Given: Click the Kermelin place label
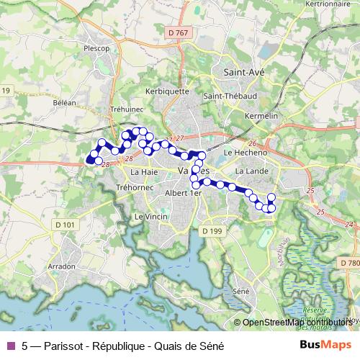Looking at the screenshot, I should tap(261, 116).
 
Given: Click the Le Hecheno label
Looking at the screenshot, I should tap(246, 153).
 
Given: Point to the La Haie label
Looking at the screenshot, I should tap(143, 173).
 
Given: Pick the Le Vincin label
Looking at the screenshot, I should tap(150, 217).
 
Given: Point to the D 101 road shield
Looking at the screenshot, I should tap(64, 225).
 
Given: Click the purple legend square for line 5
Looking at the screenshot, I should tap(10, 345).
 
